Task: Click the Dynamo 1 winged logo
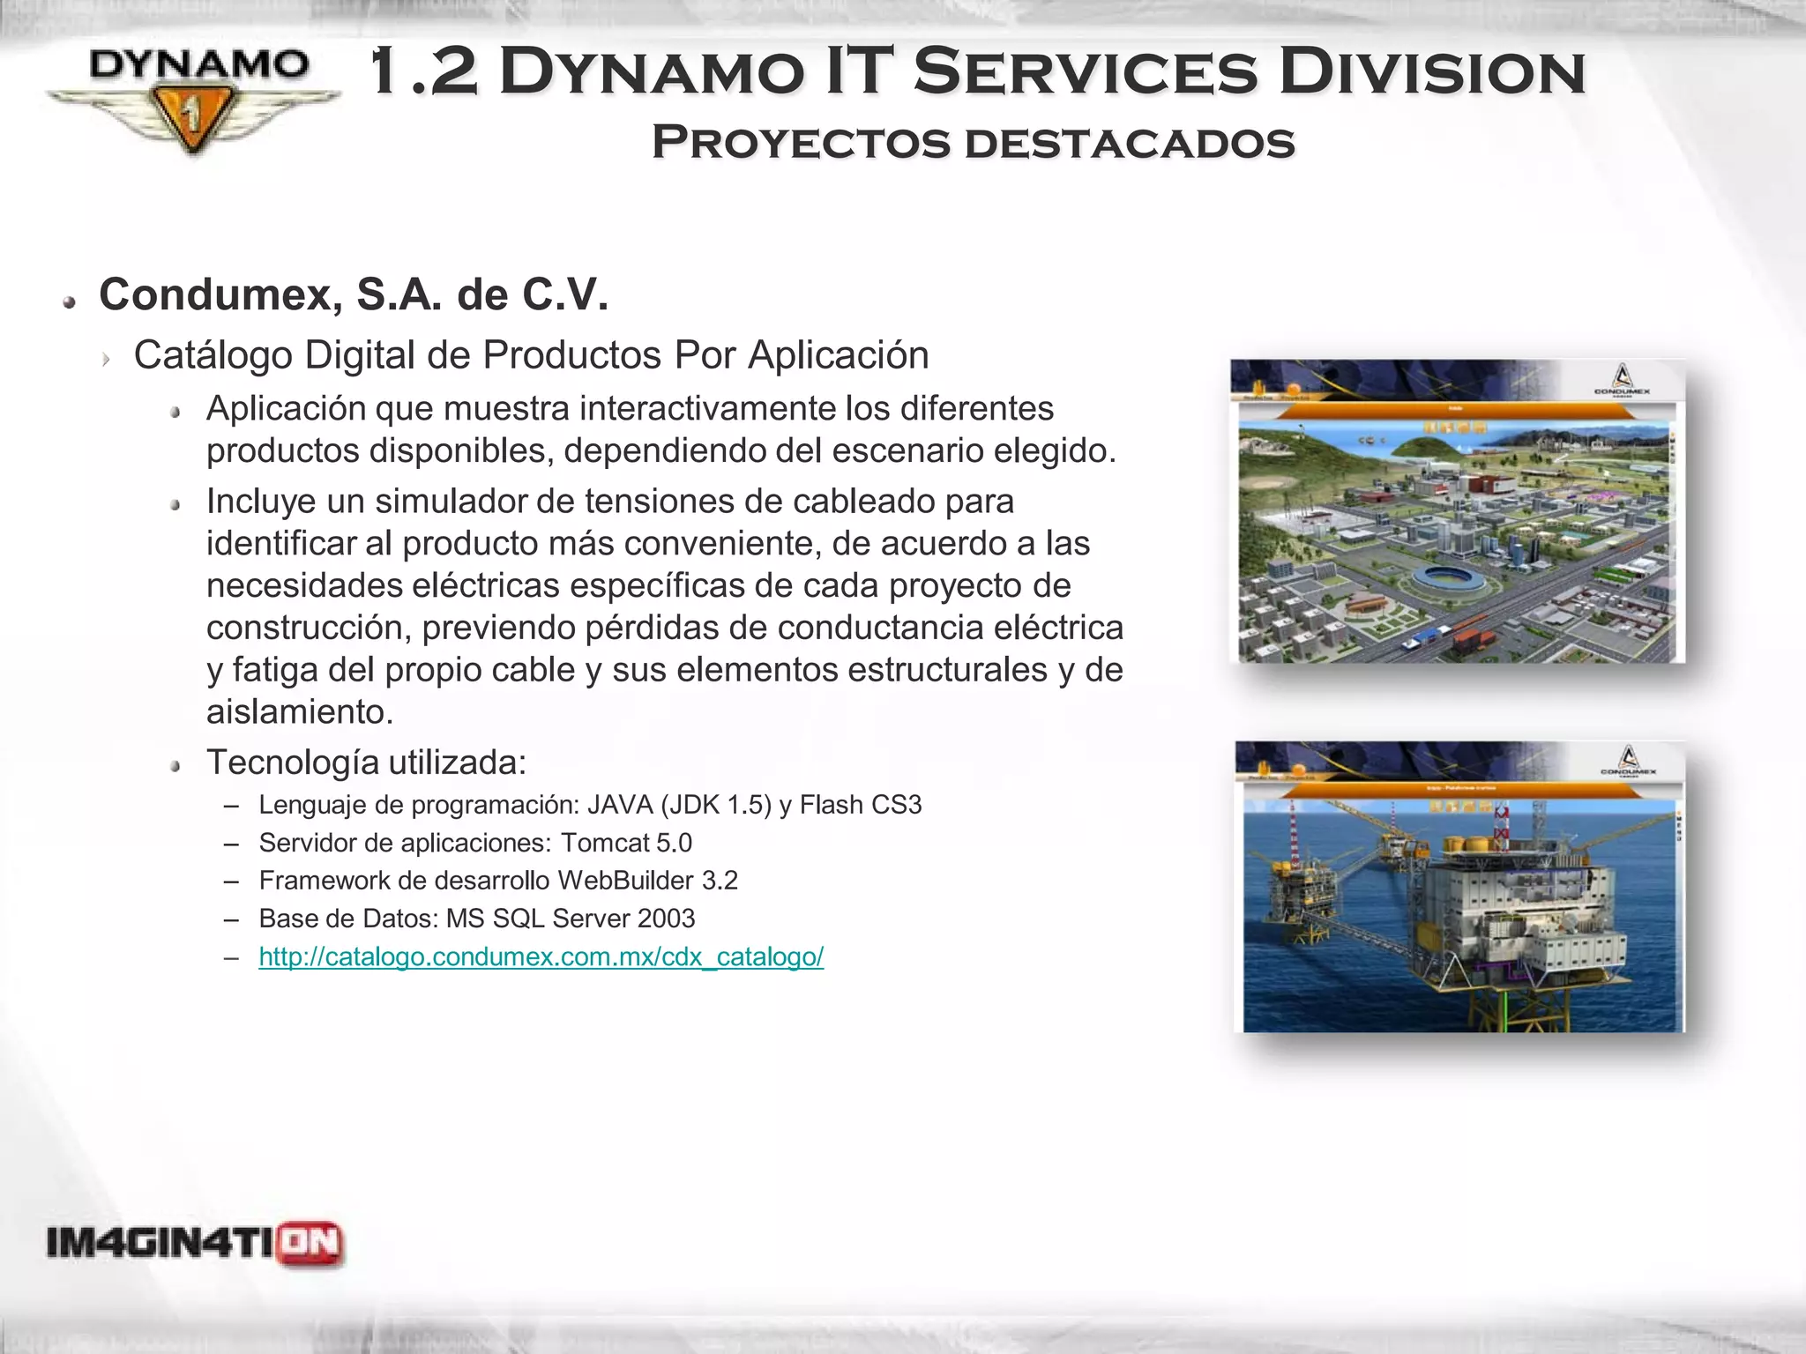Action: (x=193, y=99)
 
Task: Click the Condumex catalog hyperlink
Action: (x=541, y=956)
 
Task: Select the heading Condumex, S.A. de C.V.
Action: (x=354, y=294)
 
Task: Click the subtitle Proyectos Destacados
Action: (x=973, y=143)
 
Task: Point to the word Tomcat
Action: (x=605, y=843)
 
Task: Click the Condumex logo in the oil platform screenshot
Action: (x=1628, y=761)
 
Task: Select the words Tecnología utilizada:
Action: (x=366, y=763)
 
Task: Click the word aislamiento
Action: (x=299, y=711)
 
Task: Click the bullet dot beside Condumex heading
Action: (x=69, y=302)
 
